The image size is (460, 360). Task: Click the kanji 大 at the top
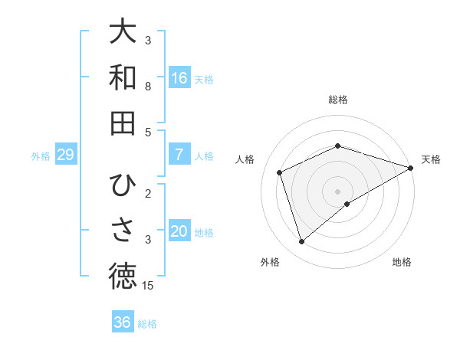[x=123, y=32]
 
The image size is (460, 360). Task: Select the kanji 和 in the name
[x=123, y=77]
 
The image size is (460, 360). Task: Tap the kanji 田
[x=123, y=123]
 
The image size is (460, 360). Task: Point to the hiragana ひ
[x=123, y=185]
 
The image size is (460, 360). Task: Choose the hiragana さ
[x=123, y=231]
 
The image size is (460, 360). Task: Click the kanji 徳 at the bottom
[x=123, y=276]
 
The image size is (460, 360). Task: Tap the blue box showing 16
[x=179, y=78]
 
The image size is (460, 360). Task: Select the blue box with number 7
[x=179, y=155]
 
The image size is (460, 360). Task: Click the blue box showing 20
[x=179, y=231]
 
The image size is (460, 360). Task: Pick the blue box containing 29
[x=65, y=155]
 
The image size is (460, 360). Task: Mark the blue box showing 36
[x=122, y=322]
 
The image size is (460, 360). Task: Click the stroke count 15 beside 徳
[x=148, y=286]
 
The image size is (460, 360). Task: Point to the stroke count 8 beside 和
[x=148, y=87]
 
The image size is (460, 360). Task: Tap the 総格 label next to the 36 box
[x=147, y=324]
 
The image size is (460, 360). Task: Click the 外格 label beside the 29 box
[x=41, y=156]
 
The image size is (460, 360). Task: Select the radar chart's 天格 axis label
[x=431, y=159]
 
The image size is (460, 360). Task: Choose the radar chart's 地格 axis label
[x=402, y=262]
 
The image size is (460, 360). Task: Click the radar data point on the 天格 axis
[x=411, y=168]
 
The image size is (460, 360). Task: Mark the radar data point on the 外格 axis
[x=301, y=242]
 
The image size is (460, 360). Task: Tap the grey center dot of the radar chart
[x=337, y=191]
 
